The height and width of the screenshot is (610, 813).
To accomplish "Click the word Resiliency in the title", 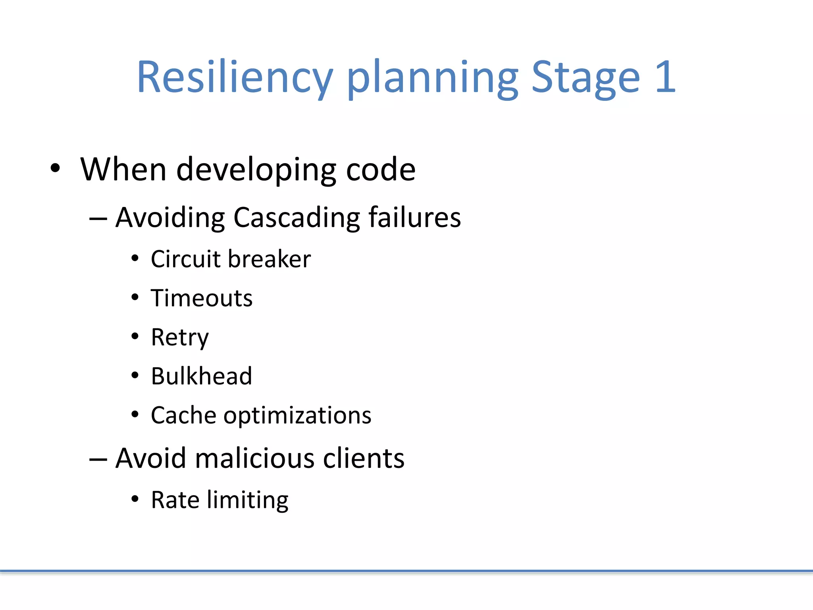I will [235, 77].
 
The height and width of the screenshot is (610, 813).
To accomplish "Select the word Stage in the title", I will [586, 77].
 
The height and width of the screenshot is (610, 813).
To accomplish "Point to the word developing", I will [256, 170].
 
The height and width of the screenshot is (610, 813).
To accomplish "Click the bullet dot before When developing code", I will [56, 168].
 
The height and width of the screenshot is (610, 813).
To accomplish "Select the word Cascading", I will [297, 218].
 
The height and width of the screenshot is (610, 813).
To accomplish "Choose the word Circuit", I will [186, 259].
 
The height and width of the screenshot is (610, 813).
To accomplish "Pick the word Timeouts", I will [202, 298].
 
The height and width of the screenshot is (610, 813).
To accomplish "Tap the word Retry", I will [180, 338].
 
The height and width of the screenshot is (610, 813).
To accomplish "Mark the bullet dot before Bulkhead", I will [135, 375].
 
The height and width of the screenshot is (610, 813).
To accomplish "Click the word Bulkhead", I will [202, 376].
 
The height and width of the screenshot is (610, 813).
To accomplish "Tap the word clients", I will [364, 458].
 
